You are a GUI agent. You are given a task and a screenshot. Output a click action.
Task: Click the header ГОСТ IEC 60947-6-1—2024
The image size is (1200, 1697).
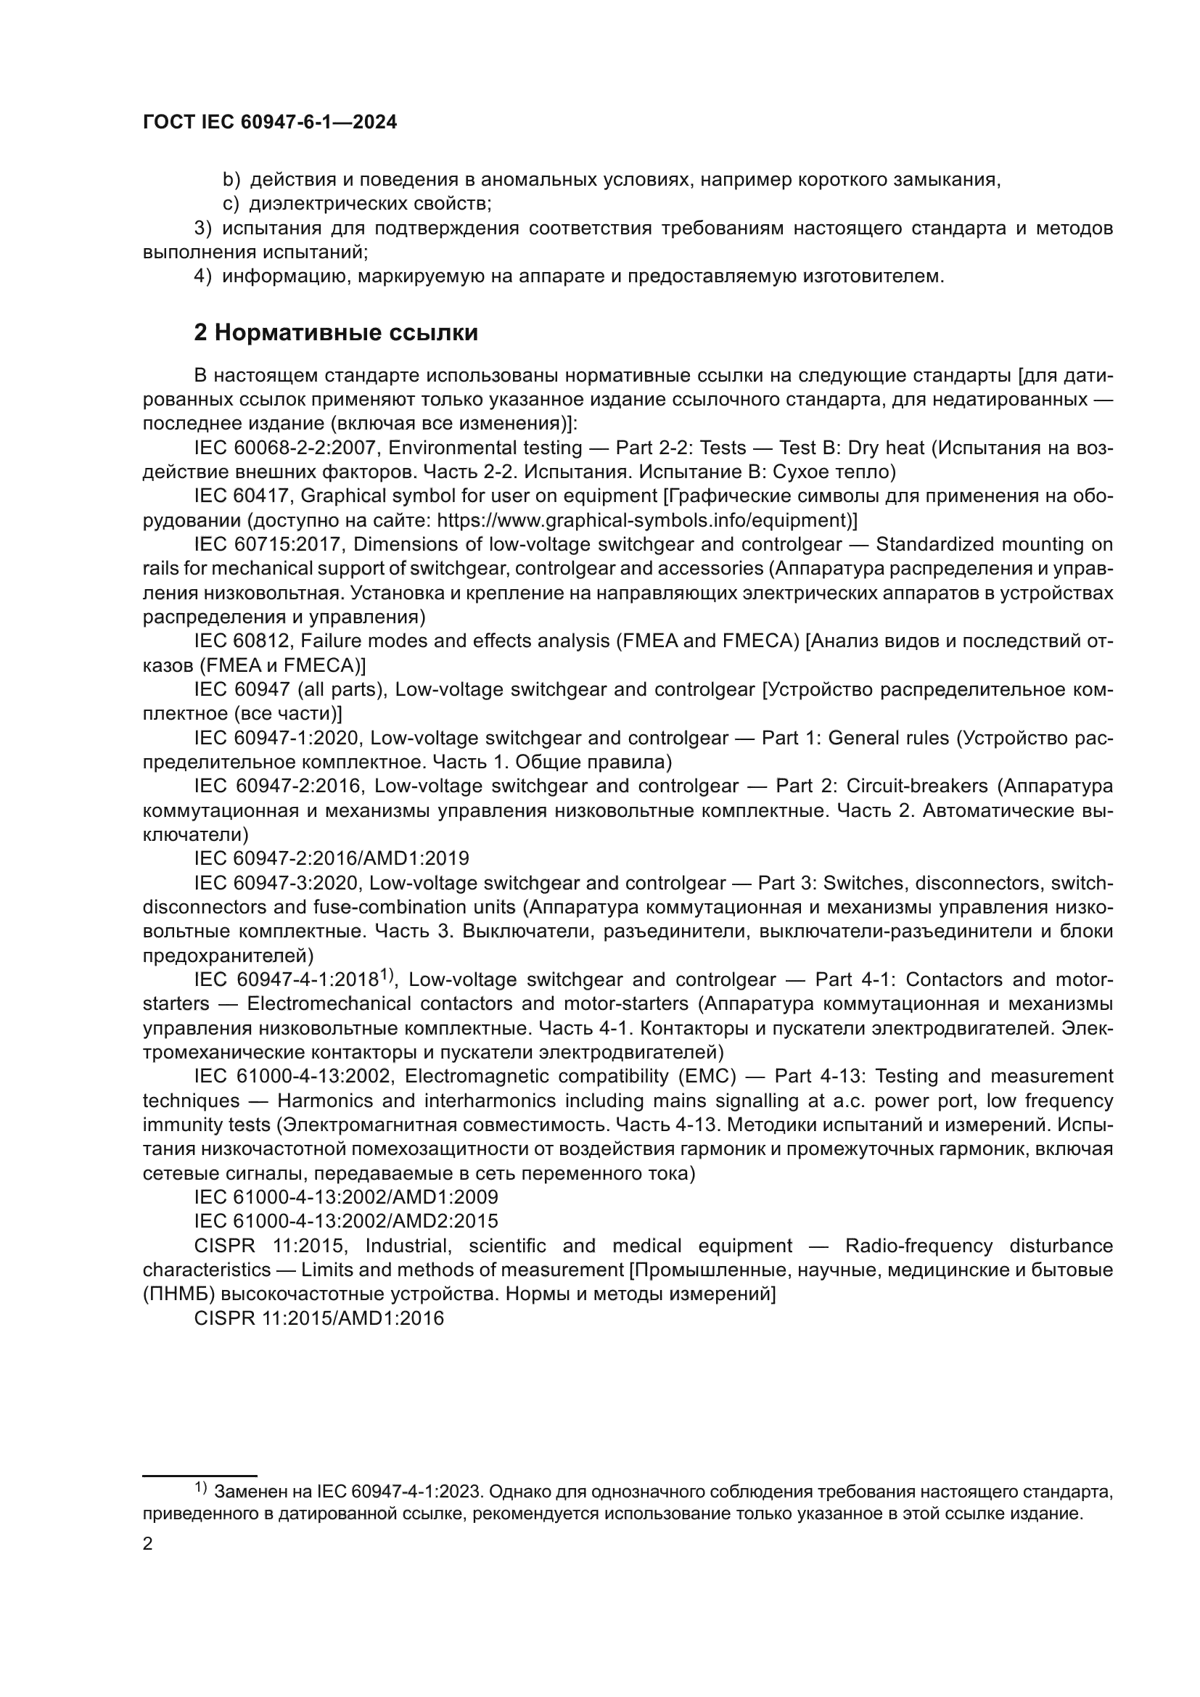click(270, 123)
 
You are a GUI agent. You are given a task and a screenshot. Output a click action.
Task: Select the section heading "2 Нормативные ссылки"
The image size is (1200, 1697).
click(335, 333)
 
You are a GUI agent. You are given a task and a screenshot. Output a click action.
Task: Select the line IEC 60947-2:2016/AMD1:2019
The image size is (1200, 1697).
click(331, 859)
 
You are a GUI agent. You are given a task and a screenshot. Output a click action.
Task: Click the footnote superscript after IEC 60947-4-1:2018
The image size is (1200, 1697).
click(389, 976)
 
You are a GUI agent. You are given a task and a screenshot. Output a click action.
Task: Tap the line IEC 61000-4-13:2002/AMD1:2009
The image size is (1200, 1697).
click(346, 1197)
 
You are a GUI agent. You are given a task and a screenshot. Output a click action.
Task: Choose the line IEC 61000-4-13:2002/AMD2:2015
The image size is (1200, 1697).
click(346, 1221)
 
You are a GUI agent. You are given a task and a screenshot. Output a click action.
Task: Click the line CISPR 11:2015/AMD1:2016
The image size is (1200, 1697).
click(319, 1318)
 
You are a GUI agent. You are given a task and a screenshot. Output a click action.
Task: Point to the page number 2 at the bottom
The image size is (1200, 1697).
click(148, 1544)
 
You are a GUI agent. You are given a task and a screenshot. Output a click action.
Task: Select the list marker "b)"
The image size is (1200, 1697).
click(231, 180)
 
